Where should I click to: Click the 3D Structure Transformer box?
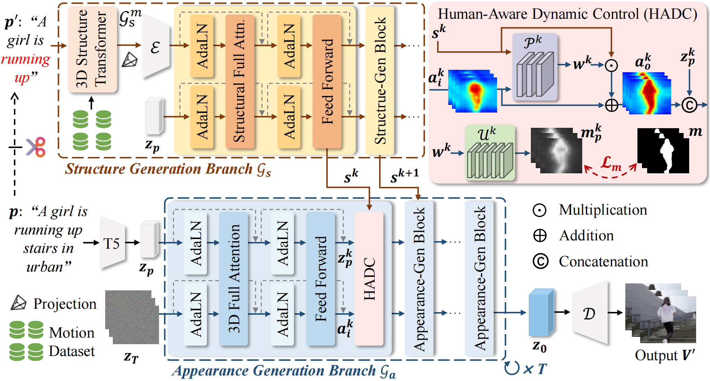[x=92, y=49]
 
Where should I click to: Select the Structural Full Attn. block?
[x=240, y=81]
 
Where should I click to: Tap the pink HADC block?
[x=369, y=279]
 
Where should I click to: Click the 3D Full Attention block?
[x=233, y=279]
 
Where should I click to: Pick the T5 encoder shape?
[x=112, y=243]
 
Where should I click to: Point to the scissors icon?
[x=36, y=147]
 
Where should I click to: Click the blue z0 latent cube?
[x=540, y=313]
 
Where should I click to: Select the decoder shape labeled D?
[x=590, y=313]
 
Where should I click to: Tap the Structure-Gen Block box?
[x=379, y=81]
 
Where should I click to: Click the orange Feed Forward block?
[x=327, y=81]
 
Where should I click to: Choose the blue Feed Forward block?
[x=320, y=279]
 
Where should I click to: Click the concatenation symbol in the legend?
[x=540, y=262]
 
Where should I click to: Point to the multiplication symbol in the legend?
[x=540, y=210]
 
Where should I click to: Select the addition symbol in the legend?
[x=540, y=235]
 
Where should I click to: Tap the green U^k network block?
[x=490, y=153]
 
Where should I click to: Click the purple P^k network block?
[x=535, y=67]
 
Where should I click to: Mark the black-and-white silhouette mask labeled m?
[x=663, y=151]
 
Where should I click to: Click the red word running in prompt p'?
[x=26, y=59]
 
